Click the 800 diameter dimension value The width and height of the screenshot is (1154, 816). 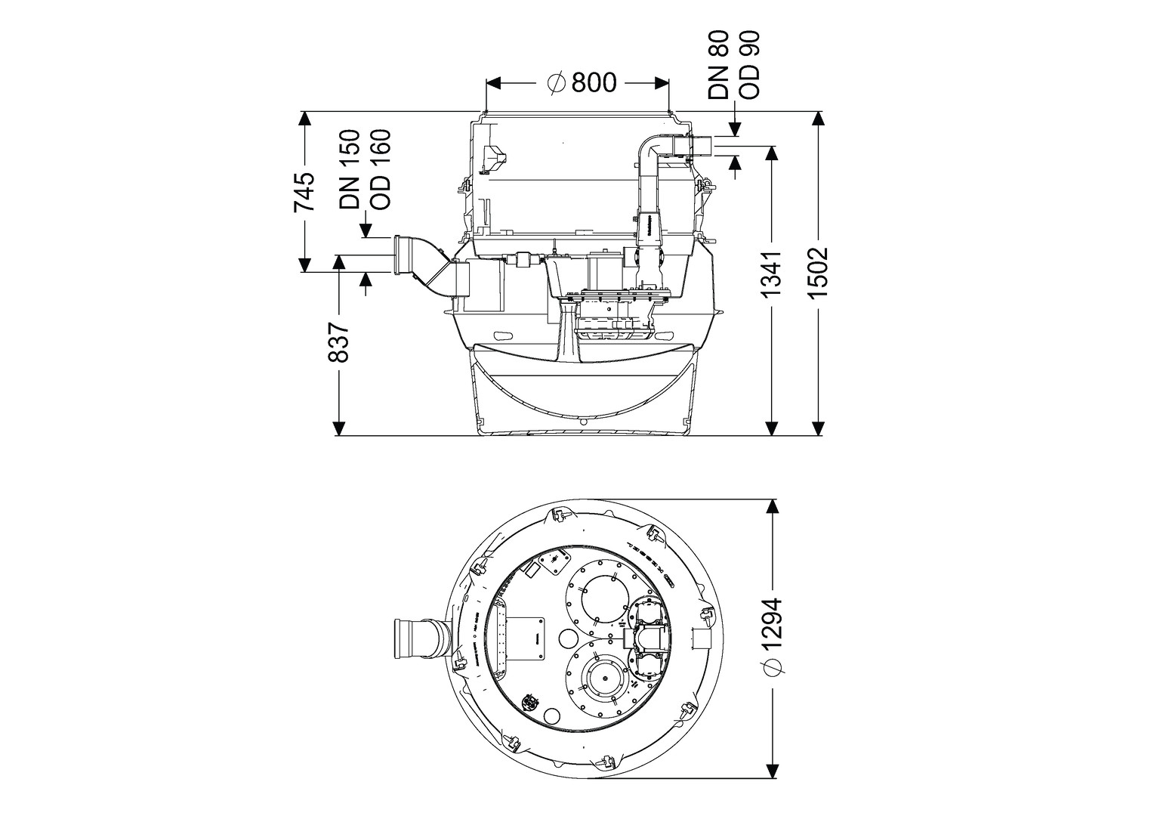click(594, 82)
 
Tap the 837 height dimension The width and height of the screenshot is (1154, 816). click(340, 342)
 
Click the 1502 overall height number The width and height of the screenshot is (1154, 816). click(818, 272)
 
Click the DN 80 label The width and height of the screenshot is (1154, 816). click(718, 64)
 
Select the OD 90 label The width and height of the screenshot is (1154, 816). click(749, 64)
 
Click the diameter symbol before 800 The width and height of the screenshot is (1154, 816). click(555, 82)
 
